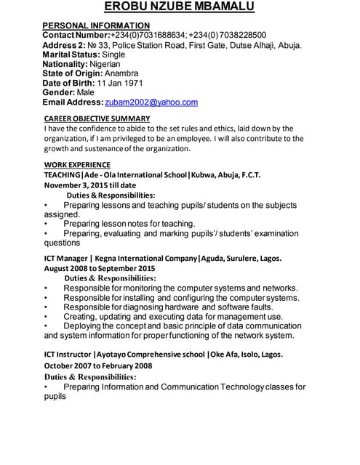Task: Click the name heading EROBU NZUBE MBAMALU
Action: pyautogui.click(x=180, y=7)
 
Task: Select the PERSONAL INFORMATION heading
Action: pyautogui.click(x=96, y=25)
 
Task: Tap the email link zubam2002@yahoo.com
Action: pyautogui.click(x=151, y=102)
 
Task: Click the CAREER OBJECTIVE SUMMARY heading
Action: pyautogui.click(x=97, y=118)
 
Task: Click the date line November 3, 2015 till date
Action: pyautogui.click(x=90, y=185)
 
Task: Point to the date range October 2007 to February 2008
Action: pyautogui.click(x=98, y=365)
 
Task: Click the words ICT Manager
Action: pyautogui.click(x=65, y=258)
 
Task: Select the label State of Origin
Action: pyautogui.click(x=72, y=73)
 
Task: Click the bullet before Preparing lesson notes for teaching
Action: pyautogui.click(x=47, y=224)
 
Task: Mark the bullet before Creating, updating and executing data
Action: pyautogui.click(x=47, y=317)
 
